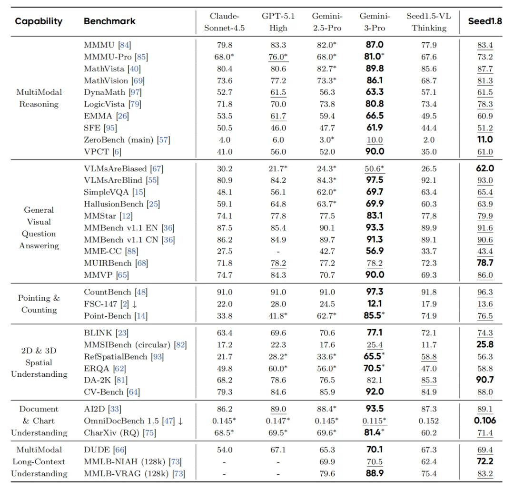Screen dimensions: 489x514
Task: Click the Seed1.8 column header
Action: pos(485,21)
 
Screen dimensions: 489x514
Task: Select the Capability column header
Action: pos(39,21)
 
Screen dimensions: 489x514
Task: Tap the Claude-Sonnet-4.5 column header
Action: pos(224,22)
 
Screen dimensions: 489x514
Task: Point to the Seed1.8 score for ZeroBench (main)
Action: pos(485,140)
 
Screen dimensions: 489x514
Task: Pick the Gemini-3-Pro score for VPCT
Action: pos(374,152)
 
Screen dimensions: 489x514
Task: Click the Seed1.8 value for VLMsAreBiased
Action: pos(485,168)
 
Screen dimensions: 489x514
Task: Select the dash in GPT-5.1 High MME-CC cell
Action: pos(278,252)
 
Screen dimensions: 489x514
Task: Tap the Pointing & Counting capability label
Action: pos(39,304)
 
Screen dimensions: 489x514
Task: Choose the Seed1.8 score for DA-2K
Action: pos(485,380)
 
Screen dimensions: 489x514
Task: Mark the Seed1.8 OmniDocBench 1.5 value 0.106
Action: pos(485,421)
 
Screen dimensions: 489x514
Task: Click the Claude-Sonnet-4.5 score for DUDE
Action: pos(224,450)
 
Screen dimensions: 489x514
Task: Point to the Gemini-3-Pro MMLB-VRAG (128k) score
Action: pos(374,473)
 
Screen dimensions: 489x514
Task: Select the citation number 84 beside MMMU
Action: pos(125,45)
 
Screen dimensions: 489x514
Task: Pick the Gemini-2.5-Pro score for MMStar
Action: pos(327,216)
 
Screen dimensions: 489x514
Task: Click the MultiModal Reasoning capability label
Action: pos(39,98)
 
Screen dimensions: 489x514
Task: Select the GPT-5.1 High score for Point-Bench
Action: pos(278,316)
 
